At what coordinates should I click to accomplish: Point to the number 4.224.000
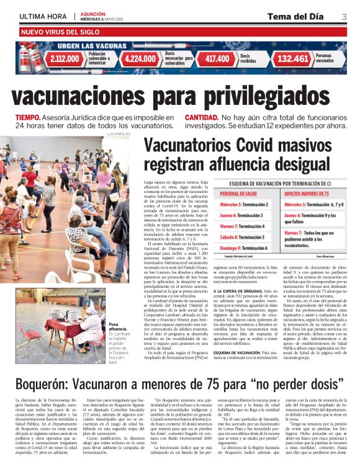[x=140, y=59]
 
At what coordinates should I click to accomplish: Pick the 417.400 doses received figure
[x=217, y=59]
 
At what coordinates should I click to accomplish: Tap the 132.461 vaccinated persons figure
[x=293, y=59]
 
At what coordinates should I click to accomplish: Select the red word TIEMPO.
[x=29, y=117]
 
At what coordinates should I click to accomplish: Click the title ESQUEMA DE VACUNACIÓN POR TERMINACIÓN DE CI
[x=285, y=184]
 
